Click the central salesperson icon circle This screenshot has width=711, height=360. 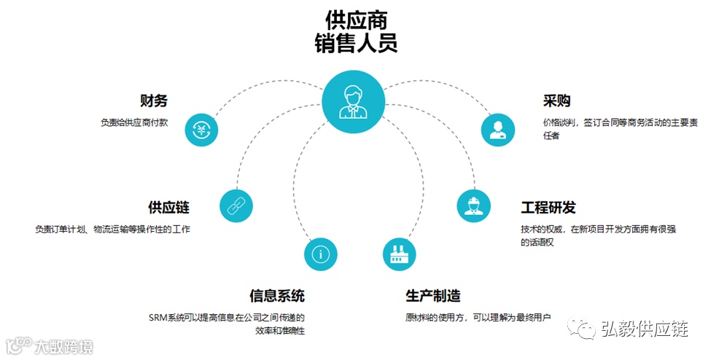point(354,101)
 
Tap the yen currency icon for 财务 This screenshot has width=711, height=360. point(201,130)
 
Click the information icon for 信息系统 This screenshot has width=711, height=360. point(321,254)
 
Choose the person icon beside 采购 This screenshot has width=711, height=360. point(498,130)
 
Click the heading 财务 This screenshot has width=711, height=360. point(153,101)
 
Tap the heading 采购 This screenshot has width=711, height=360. point(556,101)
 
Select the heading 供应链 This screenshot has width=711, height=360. point(168,207)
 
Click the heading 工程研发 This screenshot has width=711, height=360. point(548,207)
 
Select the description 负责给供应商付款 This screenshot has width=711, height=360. point(134,122)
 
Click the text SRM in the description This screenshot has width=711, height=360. point(158,318)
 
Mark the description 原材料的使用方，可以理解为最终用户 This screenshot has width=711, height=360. point(478,318)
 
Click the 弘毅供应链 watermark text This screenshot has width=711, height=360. point(645,329)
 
